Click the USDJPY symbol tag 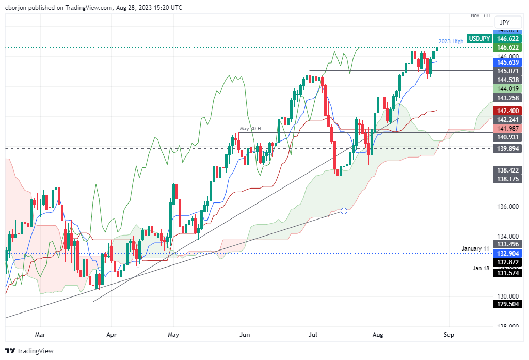point(479,38)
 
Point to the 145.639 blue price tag point(507,62)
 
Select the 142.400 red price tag point(507,110)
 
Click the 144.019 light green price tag point(507,89)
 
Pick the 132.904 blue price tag point(507,254)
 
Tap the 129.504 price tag point(507,304)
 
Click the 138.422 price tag point(507,170)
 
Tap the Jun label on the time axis point(245,335)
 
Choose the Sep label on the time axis point(449,335)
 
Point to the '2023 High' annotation point(451,41)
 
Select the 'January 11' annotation point(476,249)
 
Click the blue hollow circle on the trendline point(344,211)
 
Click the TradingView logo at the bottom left point(29,351)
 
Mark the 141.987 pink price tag point(507,128)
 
